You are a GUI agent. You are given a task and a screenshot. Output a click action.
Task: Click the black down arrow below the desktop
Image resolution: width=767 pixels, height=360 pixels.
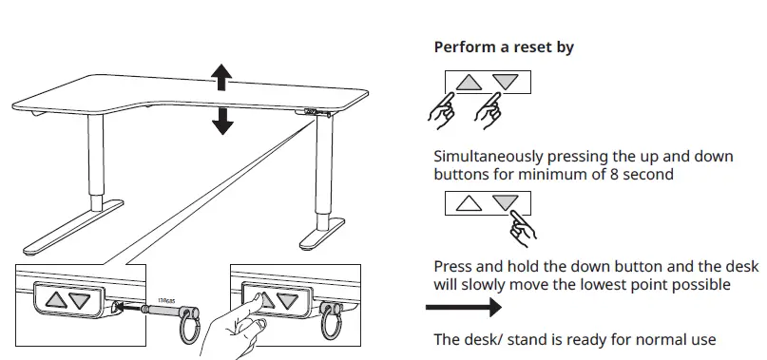[222, 119]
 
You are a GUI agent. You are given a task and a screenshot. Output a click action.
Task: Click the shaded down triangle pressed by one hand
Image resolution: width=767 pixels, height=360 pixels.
[506, 202]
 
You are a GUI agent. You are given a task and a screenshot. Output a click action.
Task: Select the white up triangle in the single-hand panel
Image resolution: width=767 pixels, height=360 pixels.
[469, 202]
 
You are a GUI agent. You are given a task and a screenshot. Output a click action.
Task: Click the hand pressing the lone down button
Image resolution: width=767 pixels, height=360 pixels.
[521, 225]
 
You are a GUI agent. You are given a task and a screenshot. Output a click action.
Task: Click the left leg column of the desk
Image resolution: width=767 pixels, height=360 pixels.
[95, 161]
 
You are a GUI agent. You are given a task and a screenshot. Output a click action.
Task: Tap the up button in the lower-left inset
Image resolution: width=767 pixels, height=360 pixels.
[55, 300]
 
